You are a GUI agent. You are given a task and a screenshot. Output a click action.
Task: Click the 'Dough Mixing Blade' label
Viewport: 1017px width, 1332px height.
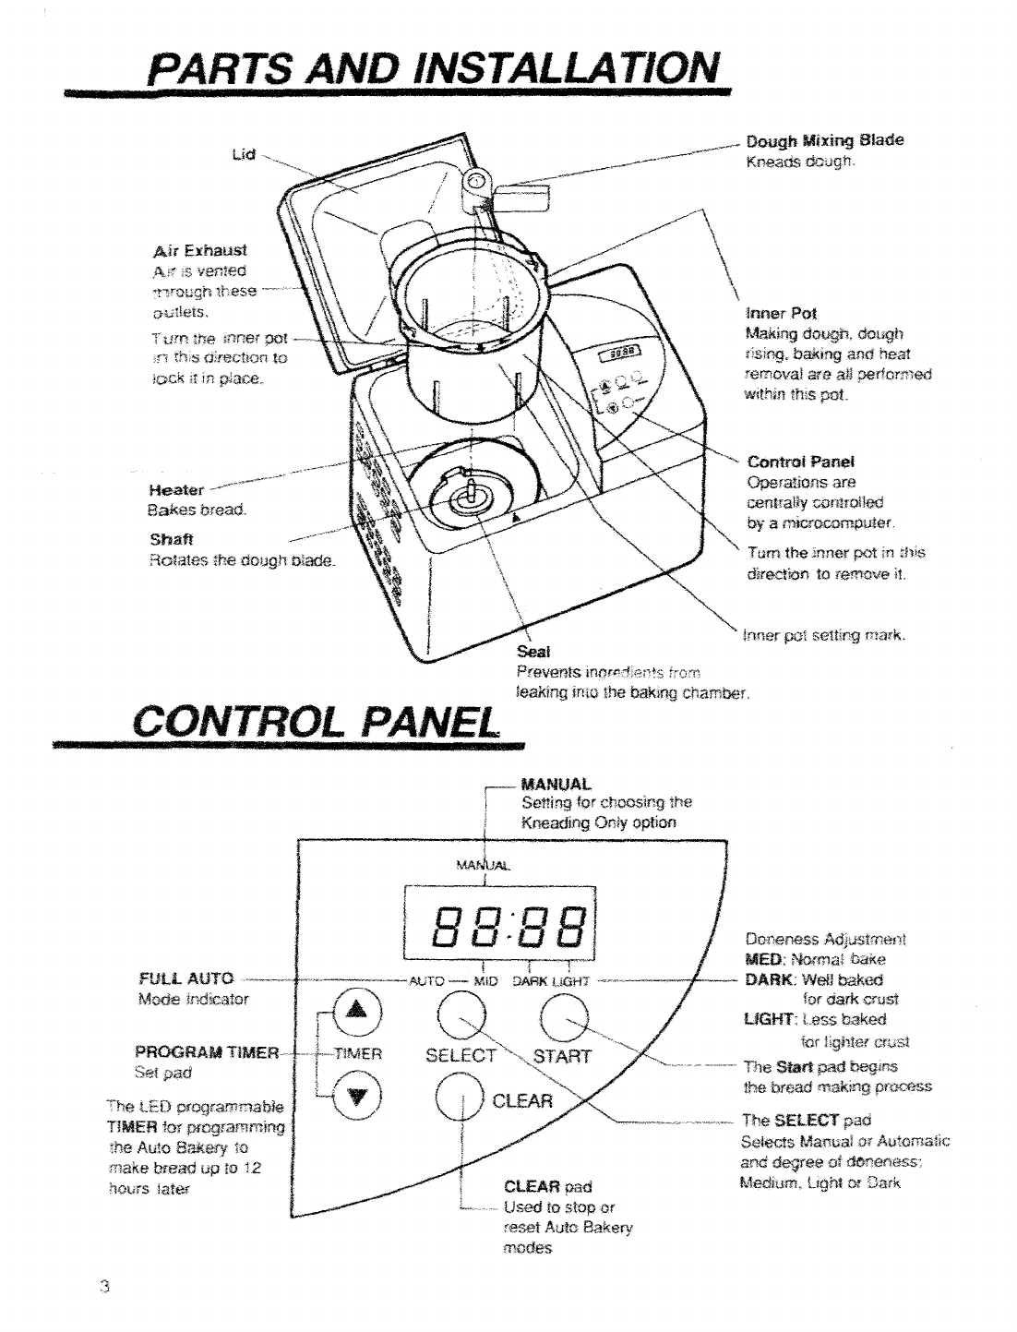(x=823, y=140)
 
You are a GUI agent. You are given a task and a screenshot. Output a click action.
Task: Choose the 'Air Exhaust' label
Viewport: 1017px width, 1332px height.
(x=202, y=249)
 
